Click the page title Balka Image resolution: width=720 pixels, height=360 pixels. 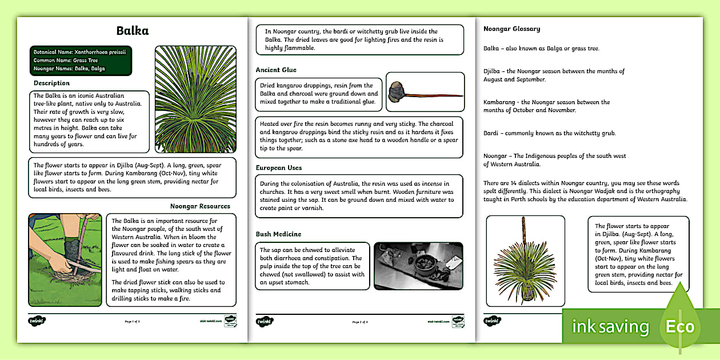click(x=132, y=31)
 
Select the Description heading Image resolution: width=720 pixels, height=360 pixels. click(x=51, y=83)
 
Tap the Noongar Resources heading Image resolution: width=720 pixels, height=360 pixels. click(x=200, y=206)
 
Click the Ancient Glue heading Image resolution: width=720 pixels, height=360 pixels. click(x=276, y=70)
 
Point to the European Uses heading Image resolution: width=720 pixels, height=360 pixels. click(x=279, y=168)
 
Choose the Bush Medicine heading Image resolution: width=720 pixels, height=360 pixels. click(x=278, y=234)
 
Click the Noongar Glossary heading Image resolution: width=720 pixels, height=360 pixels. click(x=511, y=29)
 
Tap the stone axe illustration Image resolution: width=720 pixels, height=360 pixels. click(x=425, y=91)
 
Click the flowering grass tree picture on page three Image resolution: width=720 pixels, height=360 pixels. click(x=525, y=261)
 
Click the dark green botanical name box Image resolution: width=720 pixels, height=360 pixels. click(x=82, y=60)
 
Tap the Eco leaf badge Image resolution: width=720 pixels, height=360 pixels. click(x=679, y=326)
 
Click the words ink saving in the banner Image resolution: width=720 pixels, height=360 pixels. click(x=611, y=327)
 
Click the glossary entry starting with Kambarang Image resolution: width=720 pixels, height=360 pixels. click(x=546, y=106)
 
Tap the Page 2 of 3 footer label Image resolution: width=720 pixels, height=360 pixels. click(x=360, y=322)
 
